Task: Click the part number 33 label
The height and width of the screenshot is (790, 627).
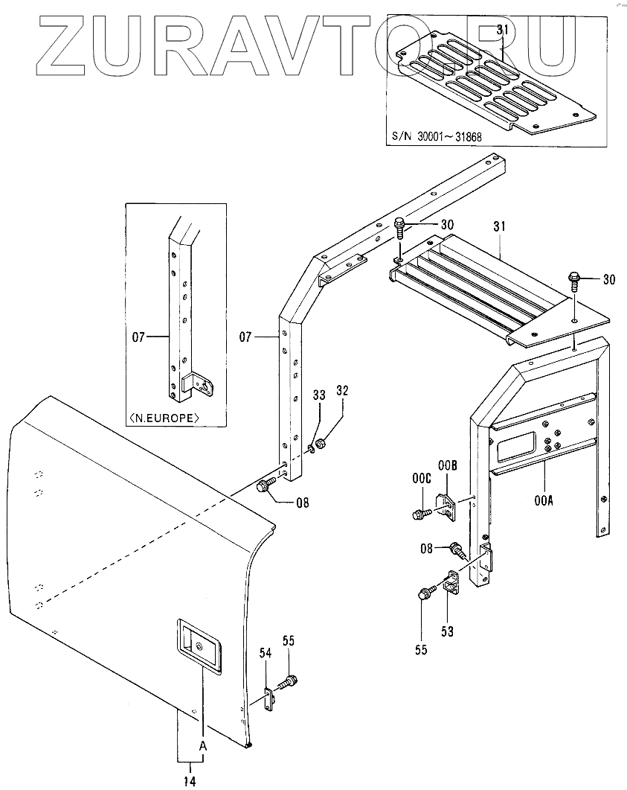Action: click(318, 396)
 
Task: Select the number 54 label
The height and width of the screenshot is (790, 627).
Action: click(265, 652)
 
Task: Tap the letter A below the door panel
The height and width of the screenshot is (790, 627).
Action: click(201, 745)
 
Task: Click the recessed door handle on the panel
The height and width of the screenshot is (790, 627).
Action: click(199, 646)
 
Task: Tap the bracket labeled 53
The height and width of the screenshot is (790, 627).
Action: click(451, 582)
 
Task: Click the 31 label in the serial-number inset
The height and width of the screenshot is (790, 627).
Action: click(502, 31)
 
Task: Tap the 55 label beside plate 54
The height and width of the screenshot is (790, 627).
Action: click(288, 640)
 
